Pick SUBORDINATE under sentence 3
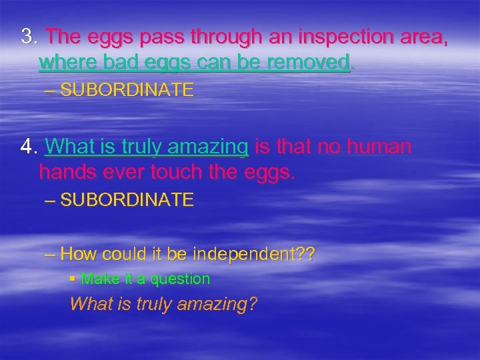coord(127,90)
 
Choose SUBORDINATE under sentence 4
coord(127,199)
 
